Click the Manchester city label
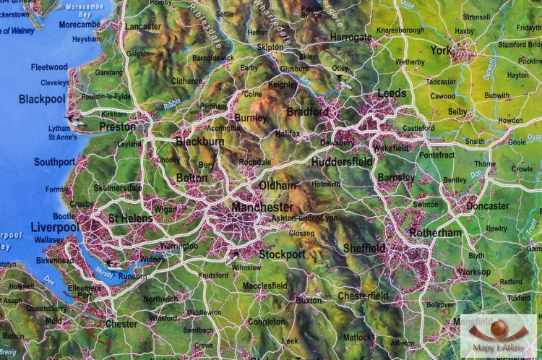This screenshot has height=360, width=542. point(262,207)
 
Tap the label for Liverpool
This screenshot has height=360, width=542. point(54,227)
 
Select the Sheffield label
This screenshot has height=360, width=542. point(364,248)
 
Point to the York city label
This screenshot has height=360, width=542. point(440,51)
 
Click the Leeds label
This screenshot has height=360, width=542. point(392,94)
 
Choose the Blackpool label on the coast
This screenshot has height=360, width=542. point(42,99)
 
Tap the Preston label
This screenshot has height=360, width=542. point(117,127)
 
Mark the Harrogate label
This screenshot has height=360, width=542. point(350,37)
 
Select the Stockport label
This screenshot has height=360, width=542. point(282,254)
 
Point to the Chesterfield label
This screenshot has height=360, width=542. point(363,296)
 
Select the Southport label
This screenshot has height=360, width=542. point(54,162)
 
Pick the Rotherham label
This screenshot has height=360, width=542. point(435,233)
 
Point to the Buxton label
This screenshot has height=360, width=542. point(309,300)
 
